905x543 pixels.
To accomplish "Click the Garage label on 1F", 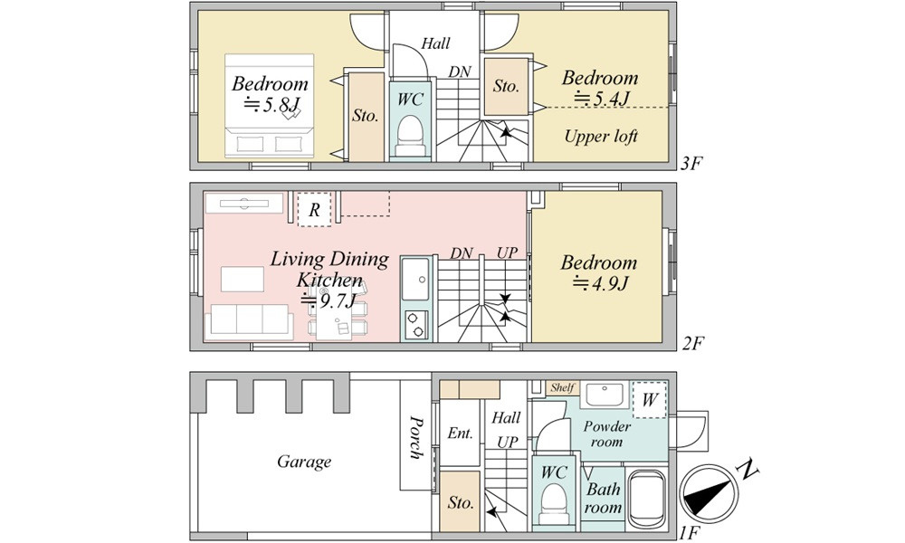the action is click(x=304, y=462).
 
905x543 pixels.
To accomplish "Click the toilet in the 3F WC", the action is click(x=410, y=135).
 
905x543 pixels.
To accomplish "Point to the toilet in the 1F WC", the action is click(x=554, y=503).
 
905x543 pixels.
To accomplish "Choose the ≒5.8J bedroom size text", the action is click(x=271, y=105).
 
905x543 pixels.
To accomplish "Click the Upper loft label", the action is click(x=601, y=136).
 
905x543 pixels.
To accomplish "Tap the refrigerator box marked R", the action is click(x=314, y=209).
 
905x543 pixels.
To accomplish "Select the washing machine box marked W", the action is click(x=649, y=399).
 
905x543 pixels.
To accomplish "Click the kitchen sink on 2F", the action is click(x=415, y=280).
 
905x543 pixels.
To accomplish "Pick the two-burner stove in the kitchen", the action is click(x=415, y=324).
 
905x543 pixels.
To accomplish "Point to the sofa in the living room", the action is click(x=249, y=321).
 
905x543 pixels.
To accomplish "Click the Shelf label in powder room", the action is click(x=562, y=387).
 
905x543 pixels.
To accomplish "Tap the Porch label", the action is click(x=415, y=437).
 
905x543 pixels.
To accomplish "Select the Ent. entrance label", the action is click(x=460, y=433).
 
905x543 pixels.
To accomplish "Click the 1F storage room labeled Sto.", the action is click(x=460, y=502).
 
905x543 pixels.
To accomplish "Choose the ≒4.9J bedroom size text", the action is click(x=600, y=283).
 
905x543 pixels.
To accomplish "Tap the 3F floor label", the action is click(x=691, y=163).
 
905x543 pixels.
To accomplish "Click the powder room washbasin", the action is click(x=604, y=395).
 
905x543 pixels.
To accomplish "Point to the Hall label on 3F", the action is click(x=435, y=43).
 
